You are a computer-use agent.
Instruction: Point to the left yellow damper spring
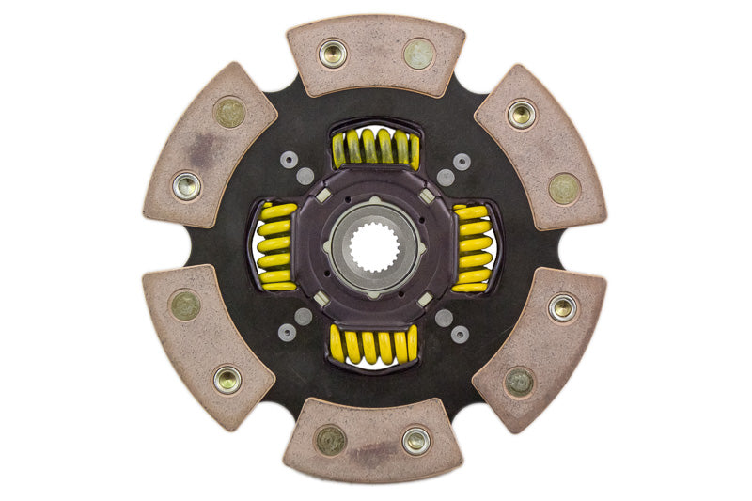point(274,247)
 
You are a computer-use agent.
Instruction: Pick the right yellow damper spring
point(475,247)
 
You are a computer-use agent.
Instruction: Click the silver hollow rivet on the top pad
point(333,54)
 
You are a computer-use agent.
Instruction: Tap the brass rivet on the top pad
point(419,54)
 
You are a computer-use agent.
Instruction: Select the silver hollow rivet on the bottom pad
point(415,439)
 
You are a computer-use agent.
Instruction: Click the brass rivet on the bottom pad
point(330,440)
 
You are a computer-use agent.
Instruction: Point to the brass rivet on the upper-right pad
point(564,188)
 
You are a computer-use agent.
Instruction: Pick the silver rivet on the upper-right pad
point(522,115)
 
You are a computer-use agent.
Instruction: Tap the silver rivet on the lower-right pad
point(563,307)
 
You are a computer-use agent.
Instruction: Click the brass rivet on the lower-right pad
point(520,381)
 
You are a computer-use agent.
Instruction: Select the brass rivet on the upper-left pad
point(228,113)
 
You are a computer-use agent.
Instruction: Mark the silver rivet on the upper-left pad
point(187,185)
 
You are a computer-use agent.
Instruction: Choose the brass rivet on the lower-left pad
point(185,305)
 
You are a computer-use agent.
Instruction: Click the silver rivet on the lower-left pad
point(227,379)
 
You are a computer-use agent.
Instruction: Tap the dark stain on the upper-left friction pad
point(198,146)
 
